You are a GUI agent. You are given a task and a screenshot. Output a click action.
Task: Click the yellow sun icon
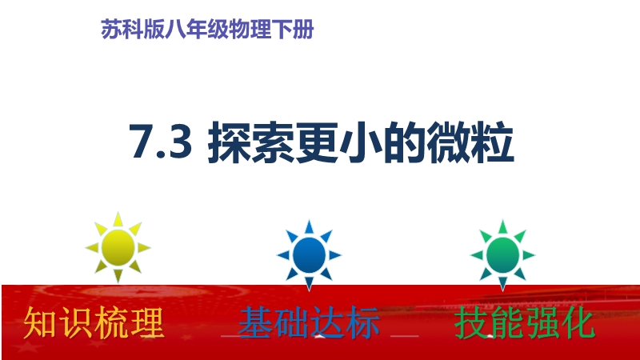point(118,247)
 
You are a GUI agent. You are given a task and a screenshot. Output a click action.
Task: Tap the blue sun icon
point(309,255)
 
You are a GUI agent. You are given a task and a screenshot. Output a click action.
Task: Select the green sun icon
point(503,255)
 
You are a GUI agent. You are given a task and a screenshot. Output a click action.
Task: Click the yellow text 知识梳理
point(94,323)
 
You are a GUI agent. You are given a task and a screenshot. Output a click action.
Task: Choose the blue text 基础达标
point(309,323)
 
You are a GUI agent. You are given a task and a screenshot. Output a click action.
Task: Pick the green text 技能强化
point(525,323)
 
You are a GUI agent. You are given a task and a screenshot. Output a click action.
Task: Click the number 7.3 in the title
point(161,142)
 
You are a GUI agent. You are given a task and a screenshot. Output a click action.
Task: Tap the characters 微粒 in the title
point(470,143)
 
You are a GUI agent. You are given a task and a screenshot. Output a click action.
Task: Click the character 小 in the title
point(361,143)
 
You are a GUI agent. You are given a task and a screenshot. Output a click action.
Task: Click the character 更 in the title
point(317,143)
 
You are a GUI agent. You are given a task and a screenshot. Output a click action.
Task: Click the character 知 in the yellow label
point(41,323)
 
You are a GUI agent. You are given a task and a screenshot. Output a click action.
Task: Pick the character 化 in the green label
point(578,323)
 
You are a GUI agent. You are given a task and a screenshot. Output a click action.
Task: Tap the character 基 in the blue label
point(255,323)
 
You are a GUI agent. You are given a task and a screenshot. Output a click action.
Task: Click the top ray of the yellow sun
point(118,219)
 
